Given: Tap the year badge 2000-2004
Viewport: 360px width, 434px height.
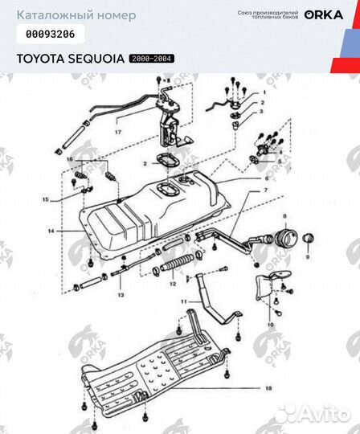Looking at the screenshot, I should [152, 59].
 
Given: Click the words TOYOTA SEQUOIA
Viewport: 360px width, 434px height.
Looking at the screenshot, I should [71, 59].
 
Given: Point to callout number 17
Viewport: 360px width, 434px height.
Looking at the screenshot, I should [118, 130].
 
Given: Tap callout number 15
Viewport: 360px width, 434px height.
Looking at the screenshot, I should [45, 199].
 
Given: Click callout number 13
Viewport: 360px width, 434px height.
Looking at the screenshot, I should [121, 295].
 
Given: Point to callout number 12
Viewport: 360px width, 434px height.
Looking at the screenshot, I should [171, 284].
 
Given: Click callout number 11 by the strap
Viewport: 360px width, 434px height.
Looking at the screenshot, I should [184, 301].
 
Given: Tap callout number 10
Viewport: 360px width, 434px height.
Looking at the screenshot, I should [270, 325].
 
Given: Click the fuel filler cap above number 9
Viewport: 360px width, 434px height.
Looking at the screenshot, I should [306, 239].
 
